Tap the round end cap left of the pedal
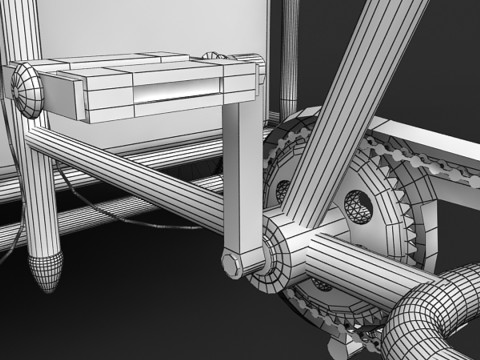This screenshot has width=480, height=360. coord(27,88)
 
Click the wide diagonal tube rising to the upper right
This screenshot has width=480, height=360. coord(360,100)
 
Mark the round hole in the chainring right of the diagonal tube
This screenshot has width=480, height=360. coord(358,205)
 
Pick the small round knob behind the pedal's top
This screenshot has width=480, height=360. coord(213,56)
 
